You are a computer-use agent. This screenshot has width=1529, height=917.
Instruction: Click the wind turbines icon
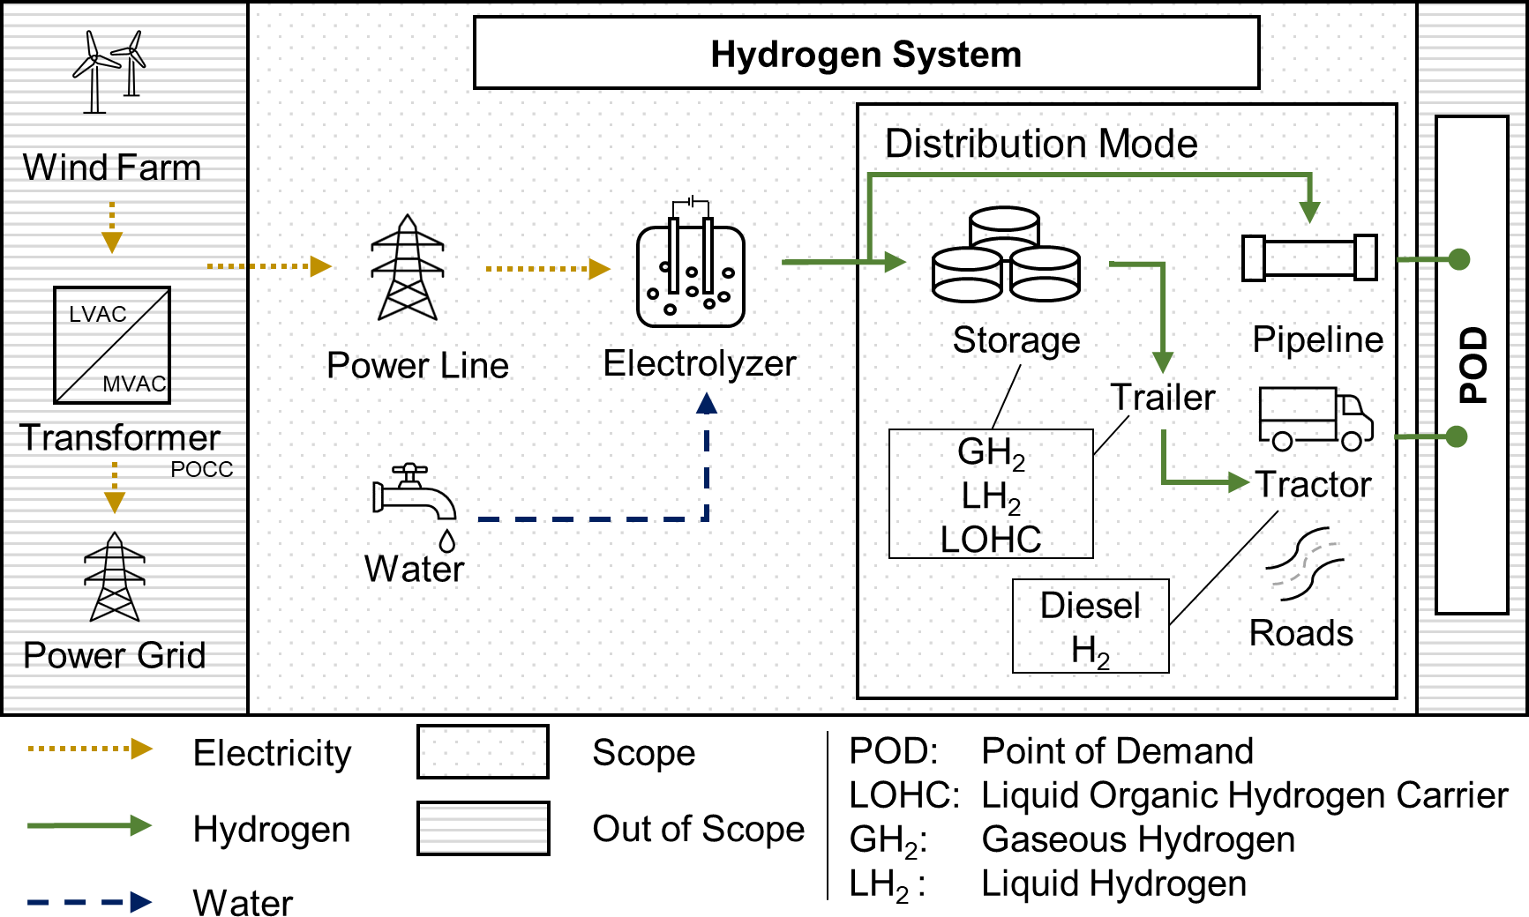[110, 72]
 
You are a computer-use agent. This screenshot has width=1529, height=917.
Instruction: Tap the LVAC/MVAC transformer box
[112, 346]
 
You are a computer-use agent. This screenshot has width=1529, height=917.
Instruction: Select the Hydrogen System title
[866, 54]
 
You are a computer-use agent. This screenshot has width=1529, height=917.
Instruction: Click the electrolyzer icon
[691, 265]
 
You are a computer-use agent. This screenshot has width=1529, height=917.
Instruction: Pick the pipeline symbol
[1309, 257]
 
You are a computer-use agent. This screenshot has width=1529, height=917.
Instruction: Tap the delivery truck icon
[1315, 419]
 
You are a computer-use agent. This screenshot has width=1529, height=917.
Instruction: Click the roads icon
[1304, 564]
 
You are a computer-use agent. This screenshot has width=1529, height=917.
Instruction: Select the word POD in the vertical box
[1473, 365]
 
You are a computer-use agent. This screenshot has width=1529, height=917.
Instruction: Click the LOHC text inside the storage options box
[991, 539]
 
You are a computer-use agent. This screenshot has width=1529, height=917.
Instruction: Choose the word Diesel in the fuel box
[1091, 606]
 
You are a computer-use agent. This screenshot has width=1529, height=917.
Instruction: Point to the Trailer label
[1162, 398]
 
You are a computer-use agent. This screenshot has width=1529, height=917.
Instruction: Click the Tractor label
[1313, 484]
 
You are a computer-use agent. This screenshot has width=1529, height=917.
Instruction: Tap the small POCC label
[202, 469]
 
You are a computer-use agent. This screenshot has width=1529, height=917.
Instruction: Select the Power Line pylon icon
[408, 268]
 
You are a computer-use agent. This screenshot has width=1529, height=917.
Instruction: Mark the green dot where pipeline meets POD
[1459, 259]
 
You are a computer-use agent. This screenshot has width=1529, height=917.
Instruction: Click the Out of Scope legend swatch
[483, 828]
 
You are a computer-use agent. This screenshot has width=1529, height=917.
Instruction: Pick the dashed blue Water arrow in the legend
[89, 902]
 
